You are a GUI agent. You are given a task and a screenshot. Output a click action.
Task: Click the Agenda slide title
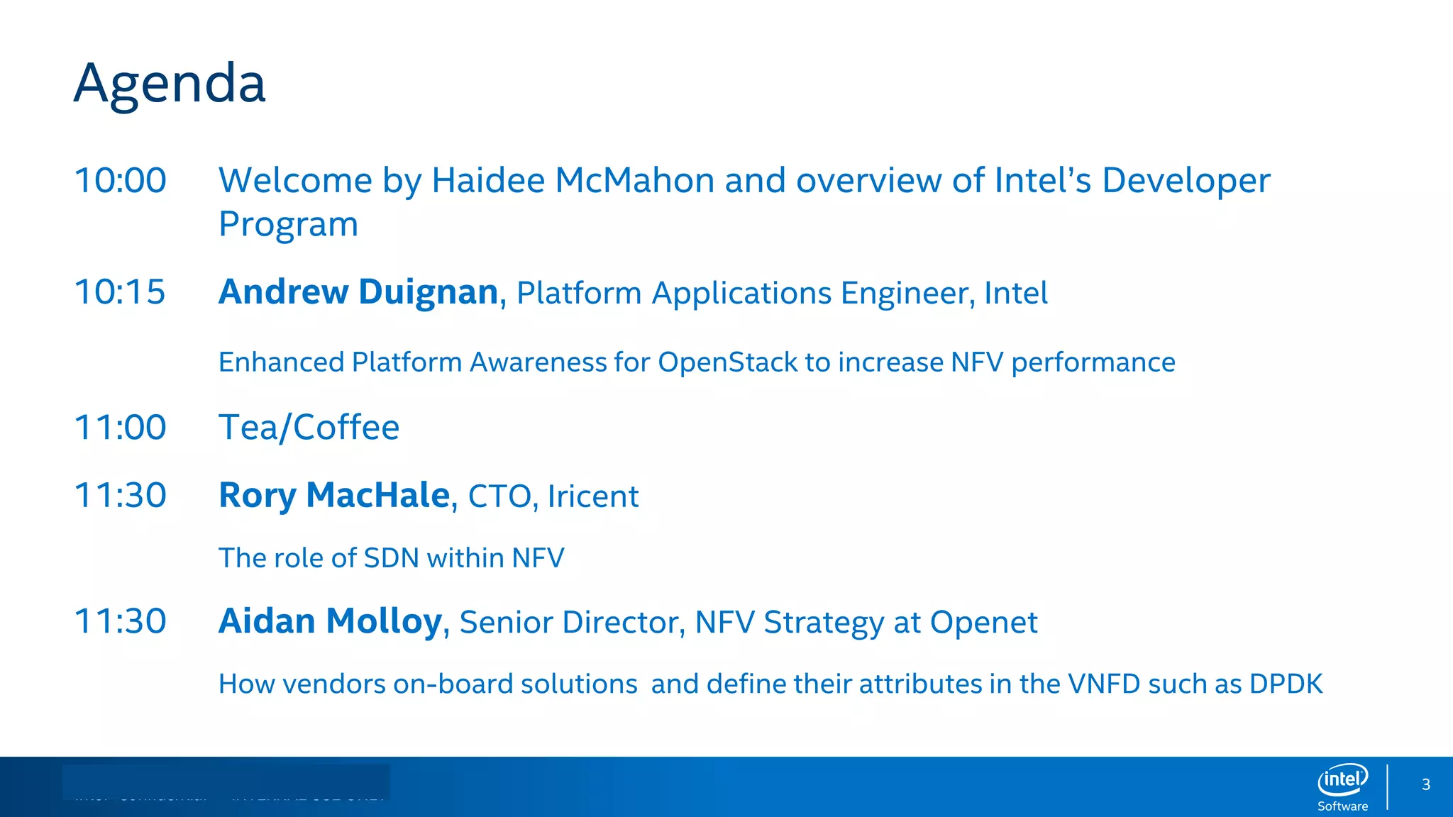(170, 84)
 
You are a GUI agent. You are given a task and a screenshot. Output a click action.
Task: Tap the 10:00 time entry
(120, 180)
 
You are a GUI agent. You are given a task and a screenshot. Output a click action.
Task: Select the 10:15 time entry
(120, 292)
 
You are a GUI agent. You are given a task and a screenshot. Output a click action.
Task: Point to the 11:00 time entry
(120, 428)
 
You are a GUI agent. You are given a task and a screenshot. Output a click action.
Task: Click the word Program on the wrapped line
(288, 225)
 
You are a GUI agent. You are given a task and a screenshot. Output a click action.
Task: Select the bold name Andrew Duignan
(358, 292)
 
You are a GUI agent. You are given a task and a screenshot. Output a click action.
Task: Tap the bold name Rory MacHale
(334, 495)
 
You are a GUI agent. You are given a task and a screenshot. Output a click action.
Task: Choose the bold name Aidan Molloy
(330, 621)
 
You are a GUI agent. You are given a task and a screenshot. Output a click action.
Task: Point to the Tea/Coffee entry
(309, 428)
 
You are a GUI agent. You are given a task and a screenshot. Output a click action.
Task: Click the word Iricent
(593, 496)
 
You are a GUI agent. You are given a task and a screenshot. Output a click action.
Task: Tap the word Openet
(983, 623)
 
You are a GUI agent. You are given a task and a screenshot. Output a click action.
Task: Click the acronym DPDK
(1286, 684)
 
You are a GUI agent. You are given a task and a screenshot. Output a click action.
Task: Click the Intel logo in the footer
(1342, 780)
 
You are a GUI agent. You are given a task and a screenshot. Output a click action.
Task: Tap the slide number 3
(1425, 785)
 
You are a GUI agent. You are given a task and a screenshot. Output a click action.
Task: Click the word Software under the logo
(1342, 806)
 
